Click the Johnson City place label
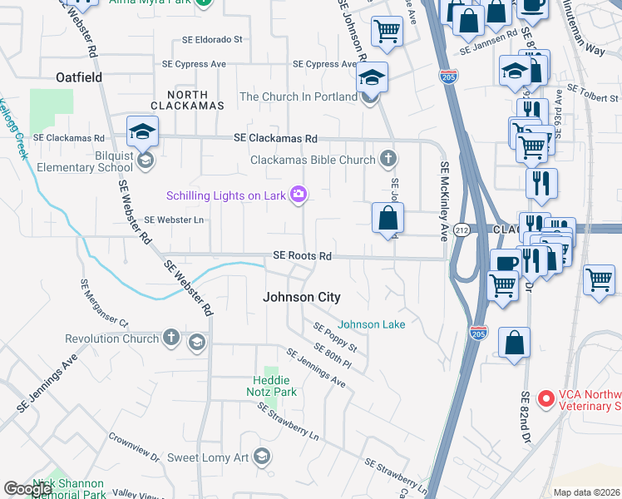pyautogui.click(x=302, y=297)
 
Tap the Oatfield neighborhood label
pyautogui.click(x=79, y=77)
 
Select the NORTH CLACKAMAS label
pyautogui.click(x=188, y=100)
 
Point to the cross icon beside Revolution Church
pyautogui.click(x=170, y=338)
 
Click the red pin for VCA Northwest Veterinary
pyautogui.click(x=546, y=399)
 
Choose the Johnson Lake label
pyautogui.click(x=372, y=324)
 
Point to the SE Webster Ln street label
pyautogui.click(x=174, y=220)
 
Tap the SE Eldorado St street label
pyautogui.click(x=213, y=39)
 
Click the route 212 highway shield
pyautogui.click(x=463, y=230)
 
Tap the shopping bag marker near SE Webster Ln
pyautogui.click(x=388, y=219)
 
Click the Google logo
pyautogui.click(x=27, y=489)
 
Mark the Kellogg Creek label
pyautogui.click(x=14, y=130)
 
